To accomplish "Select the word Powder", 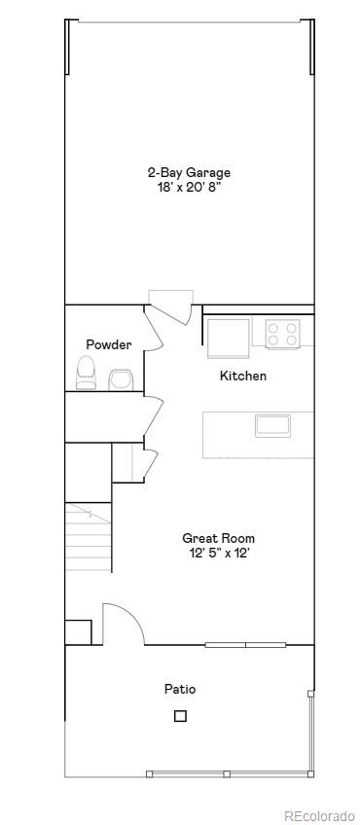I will [x=108, y=344].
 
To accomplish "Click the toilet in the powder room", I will [x=87, y=373].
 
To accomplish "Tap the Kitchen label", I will [x=242, y=376].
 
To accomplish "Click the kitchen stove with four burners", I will [x=283, y=335].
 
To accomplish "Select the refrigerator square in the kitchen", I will [x=228, y=338].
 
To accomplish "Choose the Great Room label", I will [x=218, y=538].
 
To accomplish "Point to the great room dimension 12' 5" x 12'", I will [x=218, y=553].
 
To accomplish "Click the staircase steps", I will [x=89, y=539].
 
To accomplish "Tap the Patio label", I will [x=180, y=689].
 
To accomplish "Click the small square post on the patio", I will [x=180, y=716].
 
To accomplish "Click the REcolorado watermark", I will [x=319, y=815].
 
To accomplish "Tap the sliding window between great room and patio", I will [x=244, y=644].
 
